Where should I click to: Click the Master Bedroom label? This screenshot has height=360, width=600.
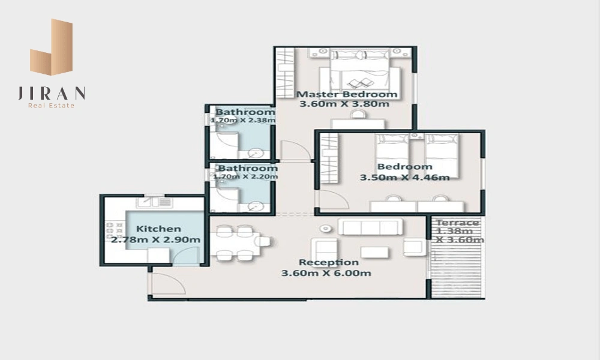[347, 94]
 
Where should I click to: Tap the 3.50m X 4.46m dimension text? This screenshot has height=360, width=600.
[405, 178]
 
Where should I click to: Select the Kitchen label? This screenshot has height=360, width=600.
[158, 229]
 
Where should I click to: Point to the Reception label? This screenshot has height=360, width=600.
[329, 262]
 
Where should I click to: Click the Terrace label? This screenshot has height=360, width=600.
[458, 222]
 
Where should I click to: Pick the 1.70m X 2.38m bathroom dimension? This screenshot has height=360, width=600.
[242, 121]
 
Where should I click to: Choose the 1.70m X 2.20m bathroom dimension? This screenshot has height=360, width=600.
[245, 177]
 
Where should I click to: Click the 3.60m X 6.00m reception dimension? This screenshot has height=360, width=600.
[326, 273]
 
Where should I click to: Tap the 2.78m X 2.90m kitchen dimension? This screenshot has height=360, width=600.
[156, 240]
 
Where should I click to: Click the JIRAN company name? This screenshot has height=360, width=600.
[51, 94]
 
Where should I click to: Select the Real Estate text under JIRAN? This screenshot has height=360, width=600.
[51, 106]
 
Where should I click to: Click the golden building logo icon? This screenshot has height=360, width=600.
[51, 46]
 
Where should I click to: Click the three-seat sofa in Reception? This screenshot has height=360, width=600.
[370, 226]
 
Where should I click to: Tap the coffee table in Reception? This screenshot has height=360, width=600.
[374, 252]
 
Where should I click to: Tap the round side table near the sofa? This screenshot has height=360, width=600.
[325, 229]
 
